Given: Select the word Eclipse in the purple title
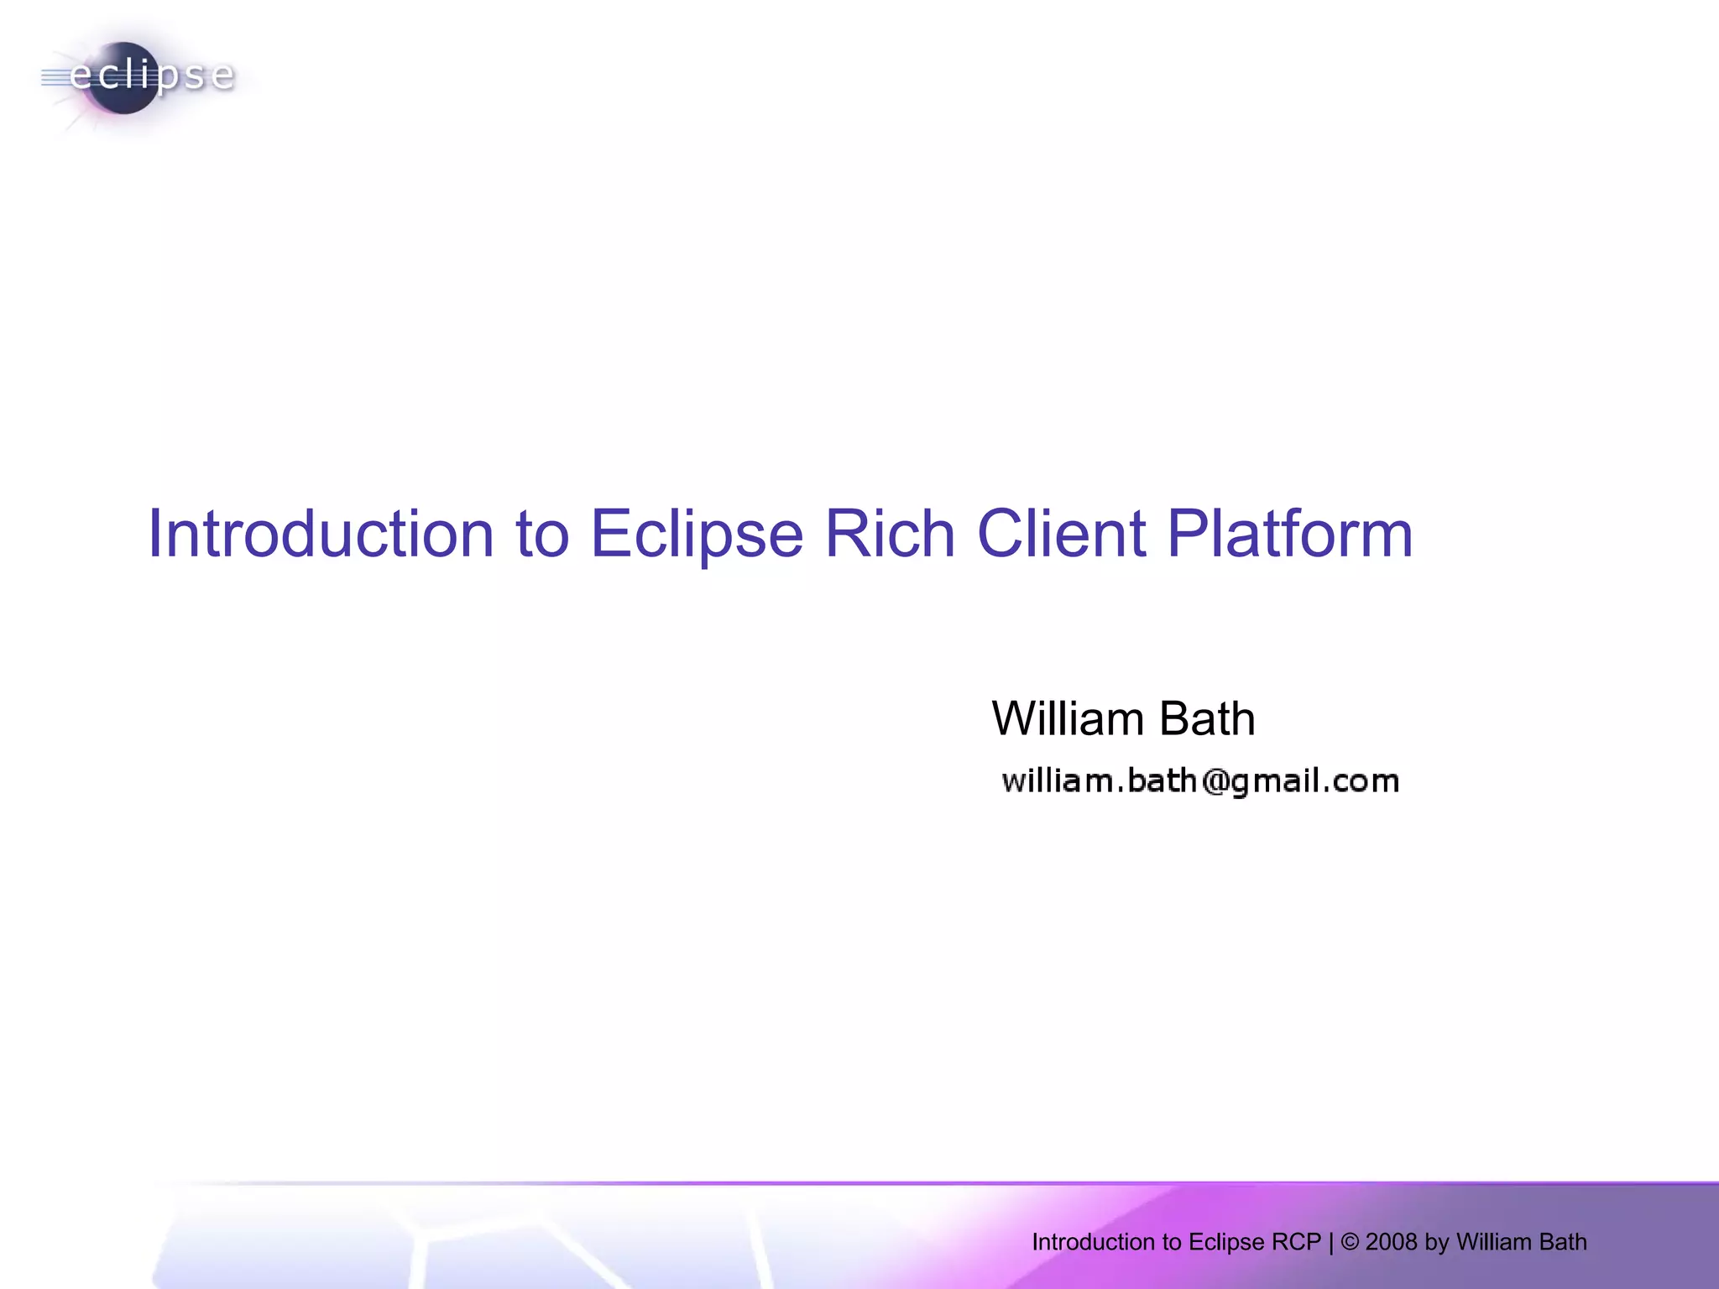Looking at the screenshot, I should (697, 534).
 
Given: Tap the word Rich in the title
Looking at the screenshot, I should (890, 534).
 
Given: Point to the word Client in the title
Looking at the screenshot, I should (1061, 534).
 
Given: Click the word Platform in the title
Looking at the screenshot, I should (1290, 534).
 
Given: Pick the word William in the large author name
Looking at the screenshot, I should (1068, 719).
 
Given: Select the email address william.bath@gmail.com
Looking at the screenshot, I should (1200, 781).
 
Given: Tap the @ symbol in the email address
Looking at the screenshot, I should (1215, 781).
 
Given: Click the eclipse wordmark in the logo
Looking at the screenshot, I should (151, 76).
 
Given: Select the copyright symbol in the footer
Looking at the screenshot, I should (1350, 1242).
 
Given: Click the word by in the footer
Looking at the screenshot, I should (1436, 1242).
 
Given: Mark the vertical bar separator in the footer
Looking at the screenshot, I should (1331, 1242).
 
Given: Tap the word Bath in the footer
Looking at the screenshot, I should (1563, 1242).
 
